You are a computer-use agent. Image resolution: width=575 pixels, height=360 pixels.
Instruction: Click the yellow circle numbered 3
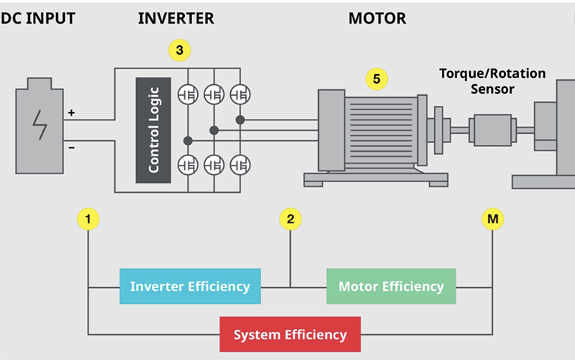(179, 50)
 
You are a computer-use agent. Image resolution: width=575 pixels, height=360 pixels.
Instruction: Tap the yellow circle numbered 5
(376, 77)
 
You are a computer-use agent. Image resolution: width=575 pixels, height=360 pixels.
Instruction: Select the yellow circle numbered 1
(88, 217)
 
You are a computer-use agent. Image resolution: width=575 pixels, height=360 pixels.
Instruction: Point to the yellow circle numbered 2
(290, 217)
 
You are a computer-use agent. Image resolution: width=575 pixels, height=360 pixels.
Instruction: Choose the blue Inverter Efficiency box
(190, 286)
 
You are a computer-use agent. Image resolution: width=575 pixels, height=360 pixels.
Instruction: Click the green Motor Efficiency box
(391, 286)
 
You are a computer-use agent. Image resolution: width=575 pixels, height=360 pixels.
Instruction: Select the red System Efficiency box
(290, 335)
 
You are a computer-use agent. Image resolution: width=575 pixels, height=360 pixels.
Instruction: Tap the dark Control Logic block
(153, 130)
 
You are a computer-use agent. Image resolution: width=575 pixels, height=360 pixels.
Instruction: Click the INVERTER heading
(176, 18)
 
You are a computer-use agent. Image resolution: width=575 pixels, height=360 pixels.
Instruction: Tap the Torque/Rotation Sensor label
(493, 81)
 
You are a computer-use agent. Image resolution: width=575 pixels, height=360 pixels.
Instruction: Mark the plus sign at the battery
(71, 113)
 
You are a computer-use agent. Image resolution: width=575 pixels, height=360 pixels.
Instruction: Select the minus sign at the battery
(71, 147)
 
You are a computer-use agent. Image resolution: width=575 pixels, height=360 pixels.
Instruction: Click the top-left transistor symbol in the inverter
(189, 94)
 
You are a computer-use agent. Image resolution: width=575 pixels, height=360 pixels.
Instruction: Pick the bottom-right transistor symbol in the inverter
(240, 165)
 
